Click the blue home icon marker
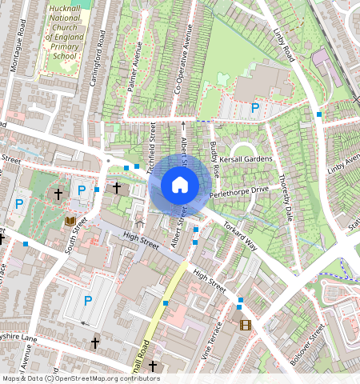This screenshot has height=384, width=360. (180, 186)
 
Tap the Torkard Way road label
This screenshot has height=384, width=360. (239, 233)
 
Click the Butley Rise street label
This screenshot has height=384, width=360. (214, 156)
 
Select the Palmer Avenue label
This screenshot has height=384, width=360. (134, 72)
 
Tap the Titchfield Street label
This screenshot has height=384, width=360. (152, 144)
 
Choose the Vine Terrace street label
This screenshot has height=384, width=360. (215, 339)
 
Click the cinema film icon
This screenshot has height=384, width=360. (245, 325)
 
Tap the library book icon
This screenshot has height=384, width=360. (70, 220)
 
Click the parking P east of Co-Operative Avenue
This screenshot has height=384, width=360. (255, 107)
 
